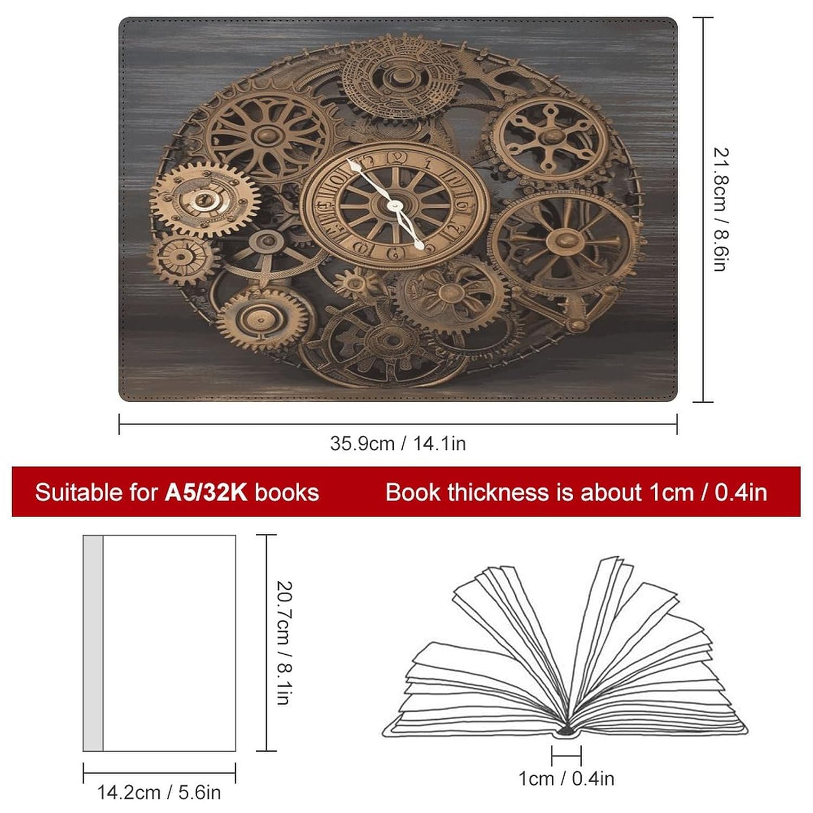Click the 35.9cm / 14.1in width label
(x=398, y=444)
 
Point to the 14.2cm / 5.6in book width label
(x=159, y=792)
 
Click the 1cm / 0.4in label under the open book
(x=566, y=779)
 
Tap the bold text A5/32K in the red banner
(x=206, y=493)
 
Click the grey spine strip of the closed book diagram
(x=93, y=643)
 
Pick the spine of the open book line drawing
(x=566, y=731)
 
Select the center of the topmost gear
(x=399, y=76)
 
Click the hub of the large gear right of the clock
(x=564, y=238)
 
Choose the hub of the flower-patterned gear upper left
(x=267, y=132)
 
